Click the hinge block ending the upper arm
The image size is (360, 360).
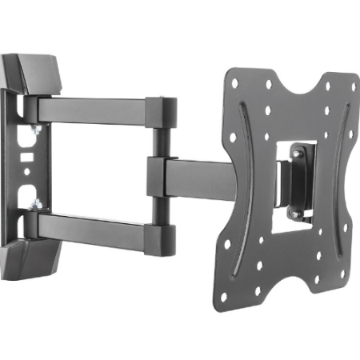point(166,111)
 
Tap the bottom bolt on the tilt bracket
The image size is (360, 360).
point(295,214)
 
